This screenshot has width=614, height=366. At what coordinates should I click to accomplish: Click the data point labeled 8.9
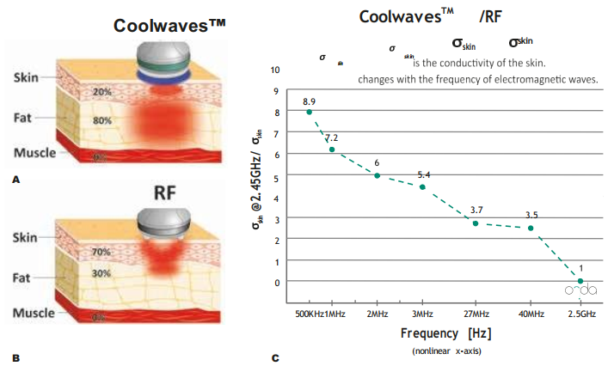(x=309, y=112)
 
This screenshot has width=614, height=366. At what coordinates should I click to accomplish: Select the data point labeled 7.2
(x=332, y=149)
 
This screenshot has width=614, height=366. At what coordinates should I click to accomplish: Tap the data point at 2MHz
(x=377, y=175)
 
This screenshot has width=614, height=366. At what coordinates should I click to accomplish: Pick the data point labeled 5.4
(x=422, y=186)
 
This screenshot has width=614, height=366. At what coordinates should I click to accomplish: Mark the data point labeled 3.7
(x=476, y=223)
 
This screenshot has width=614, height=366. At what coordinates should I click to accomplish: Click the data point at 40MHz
(x=531, y=229)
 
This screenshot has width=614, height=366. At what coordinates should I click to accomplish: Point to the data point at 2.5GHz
(x=580, y=281)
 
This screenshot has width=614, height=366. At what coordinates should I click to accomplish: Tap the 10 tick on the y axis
(x=274, y=70)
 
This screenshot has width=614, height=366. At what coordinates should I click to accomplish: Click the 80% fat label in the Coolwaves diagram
(x=102, y=120)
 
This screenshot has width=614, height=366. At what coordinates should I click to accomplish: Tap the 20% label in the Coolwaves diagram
(x=102, y=92)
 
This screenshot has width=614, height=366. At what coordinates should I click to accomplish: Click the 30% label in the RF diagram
(x=102, y=273)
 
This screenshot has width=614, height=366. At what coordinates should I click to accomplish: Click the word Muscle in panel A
(x=34, y=153)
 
